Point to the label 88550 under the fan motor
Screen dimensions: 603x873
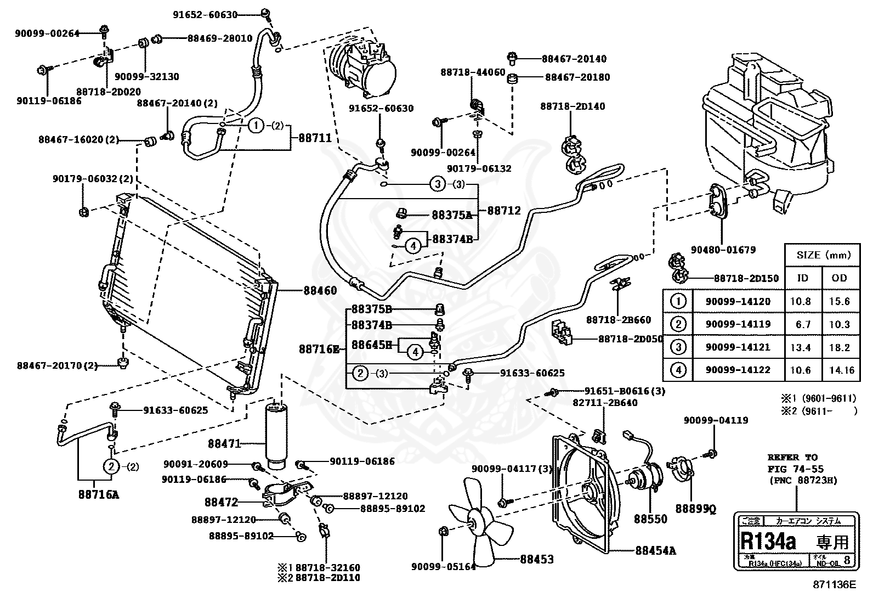click(650, 519)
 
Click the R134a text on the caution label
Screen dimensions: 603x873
click(768, 542)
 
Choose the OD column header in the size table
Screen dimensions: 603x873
click(839, 278)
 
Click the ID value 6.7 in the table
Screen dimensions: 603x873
click(803, 324)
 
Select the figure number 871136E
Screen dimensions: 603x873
click(834, 585)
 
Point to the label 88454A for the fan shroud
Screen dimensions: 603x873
click(656, 550)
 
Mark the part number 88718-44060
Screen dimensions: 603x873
click(473, 72)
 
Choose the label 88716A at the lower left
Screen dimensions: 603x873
click(99, 494)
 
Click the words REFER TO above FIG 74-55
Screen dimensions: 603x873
click(792, 457)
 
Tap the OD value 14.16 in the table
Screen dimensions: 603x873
click(841, 370)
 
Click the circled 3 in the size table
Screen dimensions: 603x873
click(678, 347)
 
